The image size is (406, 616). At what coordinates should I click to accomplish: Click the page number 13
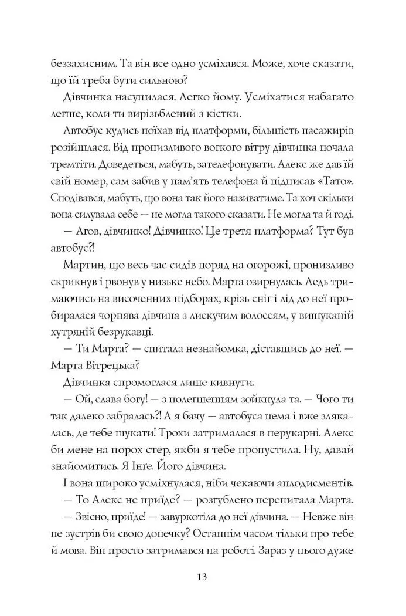tap(203, 576)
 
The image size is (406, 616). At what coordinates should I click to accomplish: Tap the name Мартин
tap(80, 269)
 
